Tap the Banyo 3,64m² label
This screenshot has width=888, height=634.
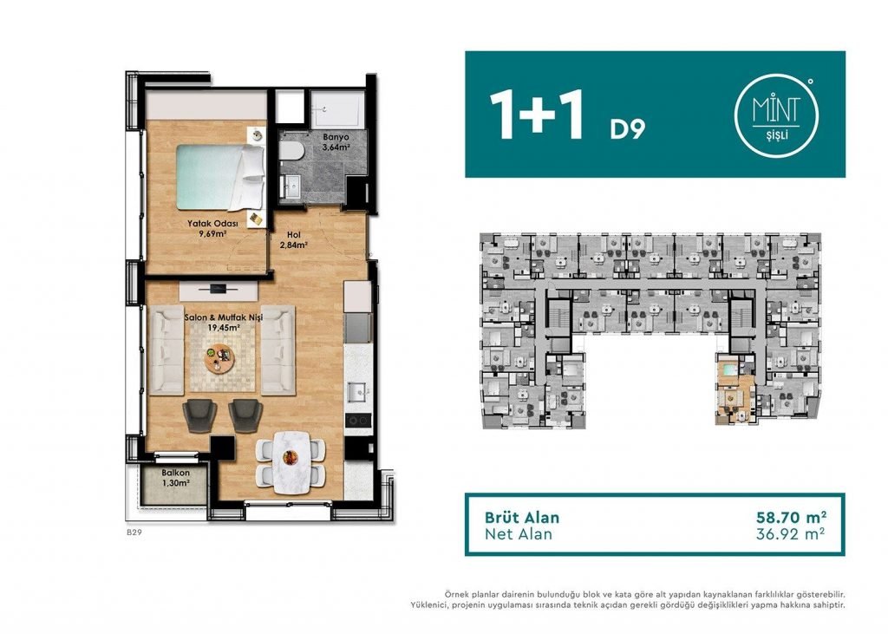[x=336, y=142]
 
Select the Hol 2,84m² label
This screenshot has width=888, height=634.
[x=293, y=239]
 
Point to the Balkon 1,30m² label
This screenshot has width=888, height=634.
[x=175, y=478]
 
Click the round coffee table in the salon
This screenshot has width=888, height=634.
[x=219, y=358]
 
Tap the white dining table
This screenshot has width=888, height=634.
[x=291, y=462]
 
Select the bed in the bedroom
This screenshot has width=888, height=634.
[x=220, y=177]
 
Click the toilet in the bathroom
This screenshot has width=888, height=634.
[x=291, y=151]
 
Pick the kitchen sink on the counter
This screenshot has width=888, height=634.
[x=358, y=392]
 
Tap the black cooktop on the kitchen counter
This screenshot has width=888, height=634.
[x=358, y=421]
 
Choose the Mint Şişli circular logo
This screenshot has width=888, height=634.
[x=776, y=115]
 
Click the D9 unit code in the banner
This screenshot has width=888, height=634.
[x=627, y=129]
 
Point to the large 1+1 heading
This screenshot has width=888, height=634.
[x=536, y=114]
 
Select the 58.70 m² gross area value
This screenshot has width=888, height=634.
[x=791, y=517]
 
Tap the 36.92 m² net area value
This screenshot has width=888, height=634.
[x=791, y=533]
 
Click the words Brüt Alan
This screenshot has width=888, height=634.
[x=521, y=517]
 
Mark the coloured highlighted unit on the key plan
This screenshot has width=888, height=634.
[x=735, y=389]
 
